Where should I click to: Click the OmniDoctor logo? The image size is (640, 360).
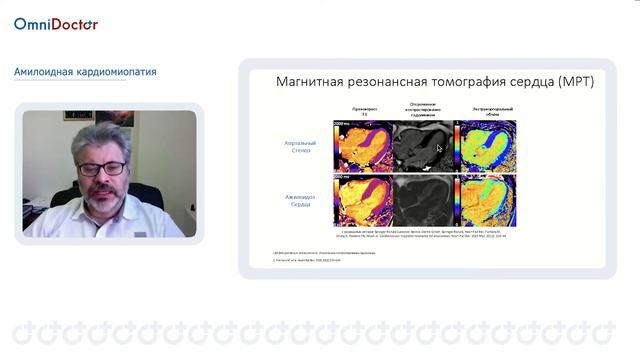coord(56,24)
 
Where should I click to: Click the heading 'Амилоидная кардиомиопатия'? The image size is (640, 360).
coord(85,72)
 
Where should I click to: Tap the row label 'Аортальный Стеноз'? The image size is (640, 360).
coord(297,147)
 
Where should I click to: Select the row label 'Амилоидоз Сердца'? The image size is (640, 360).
coord(297,201)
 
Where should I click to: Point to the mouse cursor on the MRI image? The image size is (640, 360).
coord(439,148)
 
